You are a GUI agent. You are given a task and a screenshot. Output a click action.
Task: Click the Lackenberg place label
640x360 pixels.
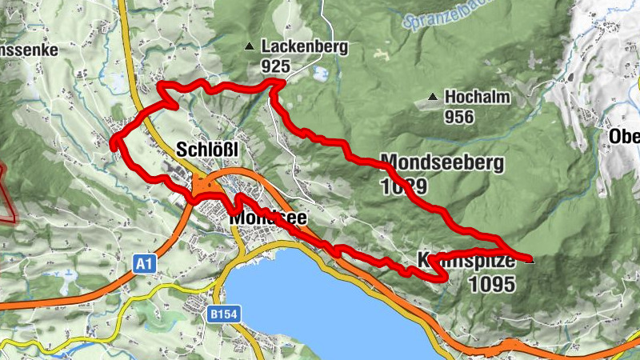click(304, 47)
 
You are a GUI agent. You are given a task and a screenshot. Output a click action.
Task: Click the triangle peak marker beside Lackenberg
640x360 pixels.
click(250, 46)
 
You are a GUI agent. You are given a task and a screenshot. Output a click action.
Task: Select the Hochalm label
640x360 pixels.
click(477, 97)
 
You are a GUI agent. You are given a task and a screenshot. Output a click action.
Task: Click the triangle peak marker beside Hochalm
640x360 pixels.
click(433, 97)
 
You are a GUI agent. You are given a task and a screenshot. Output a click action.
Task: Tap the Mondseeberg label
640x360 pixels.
click(442, 163)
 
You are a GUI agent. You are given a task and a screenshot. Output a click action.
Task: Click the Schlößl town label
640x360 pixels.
click(207, 150)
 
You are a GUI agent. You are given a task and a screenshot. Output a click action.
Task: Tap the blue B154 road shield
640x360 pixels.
click(224, 315)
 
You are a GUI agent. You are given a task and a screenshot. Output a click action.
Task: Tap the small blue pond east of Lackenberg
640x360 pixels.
click(321, 74)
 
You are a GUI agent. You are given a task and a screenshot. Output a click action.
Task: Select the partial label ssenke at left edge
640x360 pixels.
click(29, 50)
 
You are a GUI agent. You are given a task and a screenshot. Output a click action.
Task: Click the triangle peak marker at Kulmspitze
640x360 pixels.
click(530, 258)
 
